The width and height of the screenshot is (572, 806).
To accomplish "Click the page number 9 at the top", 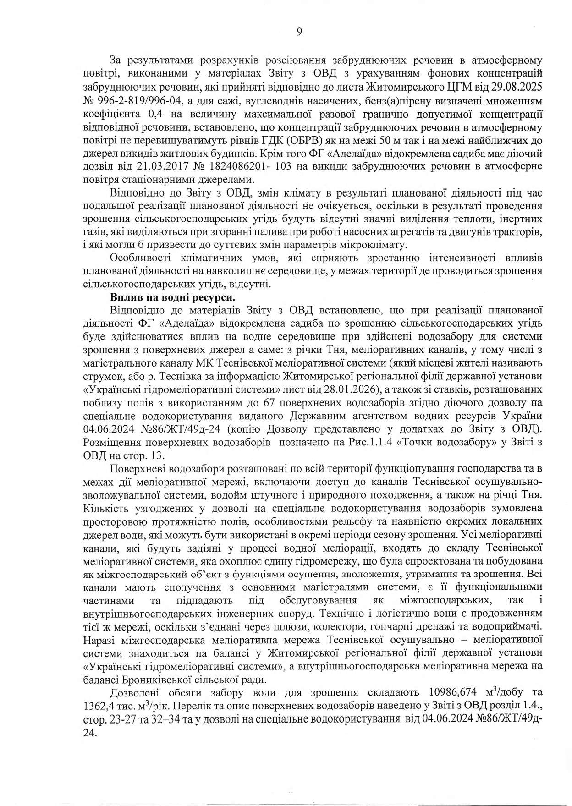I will (x=299, y=32).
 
